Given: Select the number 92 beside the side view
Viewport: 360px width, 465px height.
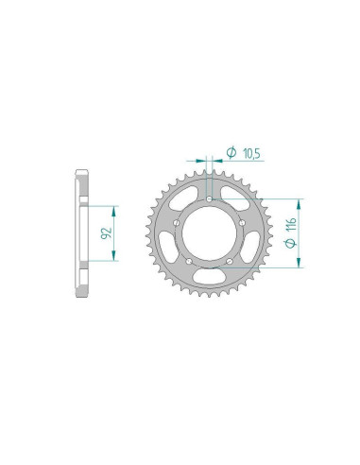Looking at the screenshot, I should [107, 232].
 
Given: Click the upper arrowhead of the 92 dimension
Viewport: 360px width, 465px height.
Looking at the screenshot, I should [115, 208].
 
